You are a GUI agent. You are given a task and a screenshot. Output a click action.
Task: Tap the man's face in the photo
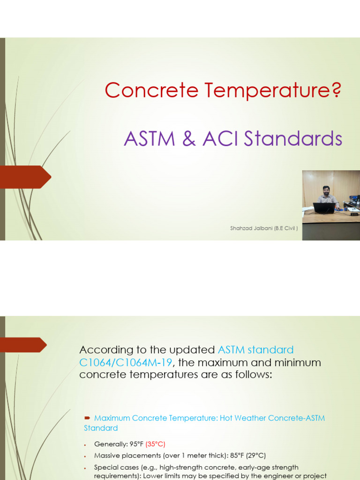coord(326,190)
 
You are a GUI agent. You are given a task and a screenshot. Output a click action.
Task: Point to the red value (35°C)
coord(155,444)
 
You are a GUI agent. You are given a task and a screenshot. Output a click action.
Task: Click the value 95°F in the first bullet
coord(135,444)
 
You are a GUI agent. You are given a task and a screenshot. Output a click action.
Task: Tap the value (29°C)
coord(256,456)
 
